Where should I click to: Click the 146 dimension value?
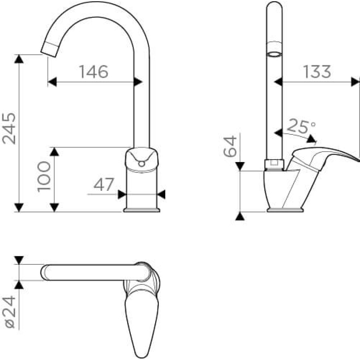[94, 72]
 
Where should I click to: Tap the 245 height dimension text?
[9, 128]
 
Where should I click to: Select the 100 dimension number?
[44, 176]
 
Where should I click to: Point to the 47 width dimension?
[104, 184]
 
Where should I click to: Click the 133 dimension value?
[317, 72]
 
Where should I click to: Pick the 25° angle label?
[301, 126]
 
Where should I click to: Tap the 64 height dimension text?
[230, 146]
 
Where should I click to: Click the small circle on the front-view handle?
[142, 164]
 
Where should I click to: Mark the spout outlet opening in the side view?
[274, 54]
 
